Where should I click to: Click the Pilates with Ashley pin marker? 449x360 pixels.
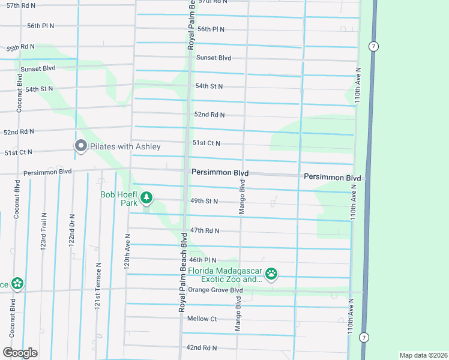tap(80, 146)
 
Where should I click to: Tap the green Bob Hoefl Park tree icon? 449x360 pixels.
tap(146, 197)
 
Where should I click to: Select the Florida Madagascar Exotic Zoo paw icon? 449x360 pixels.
tap(272, 274)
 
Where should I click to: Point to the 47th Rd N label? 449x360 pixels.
tap(205, 230)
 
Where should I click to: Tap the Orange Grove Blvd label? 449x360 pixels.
tap(215, 290)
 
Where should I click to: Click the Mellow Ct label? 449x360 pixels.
tap(202, 319)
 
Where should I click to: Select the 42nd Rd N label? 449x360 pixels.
tap(201, 347)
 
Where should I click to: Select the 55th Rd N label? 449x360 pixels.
tap(21, 46)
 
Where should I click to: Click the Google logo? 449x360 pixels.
tap(20, 353)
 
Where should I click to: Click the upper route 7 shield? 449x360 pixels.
tap(373, 46)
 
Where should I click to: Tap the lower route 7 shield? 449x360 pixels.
tap(364, 337)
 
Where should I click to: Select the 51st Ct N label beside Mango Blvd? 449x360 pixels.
tap(206, 143)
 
